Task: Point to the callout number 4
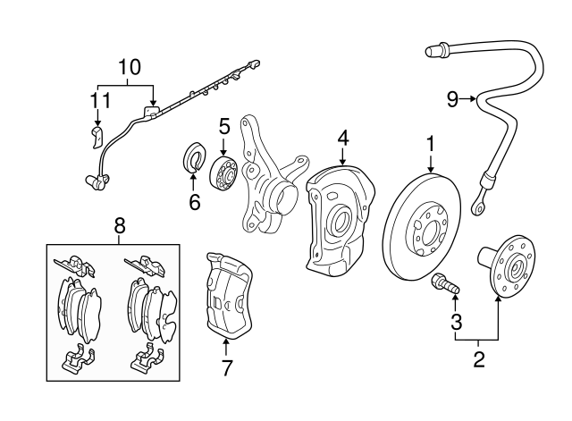coord(343,139)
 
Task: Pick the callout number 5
coord(223,126)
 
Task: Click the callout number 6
coord(194,202)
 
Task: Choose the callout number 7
coord(227,367)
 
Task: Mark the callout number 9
coord(453,99)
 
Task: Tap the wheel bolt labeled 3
coord(445,284)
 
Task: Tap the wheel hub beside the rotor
coord(510,264)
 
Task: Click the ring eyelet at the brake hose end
coord(481,210)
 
